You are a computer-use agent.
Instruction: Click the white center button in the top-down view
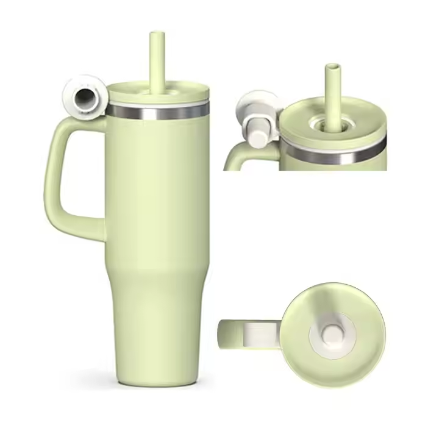(x=334, y=333)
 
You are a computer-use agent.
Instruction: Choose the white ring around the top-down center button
(x=318, y=341)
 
